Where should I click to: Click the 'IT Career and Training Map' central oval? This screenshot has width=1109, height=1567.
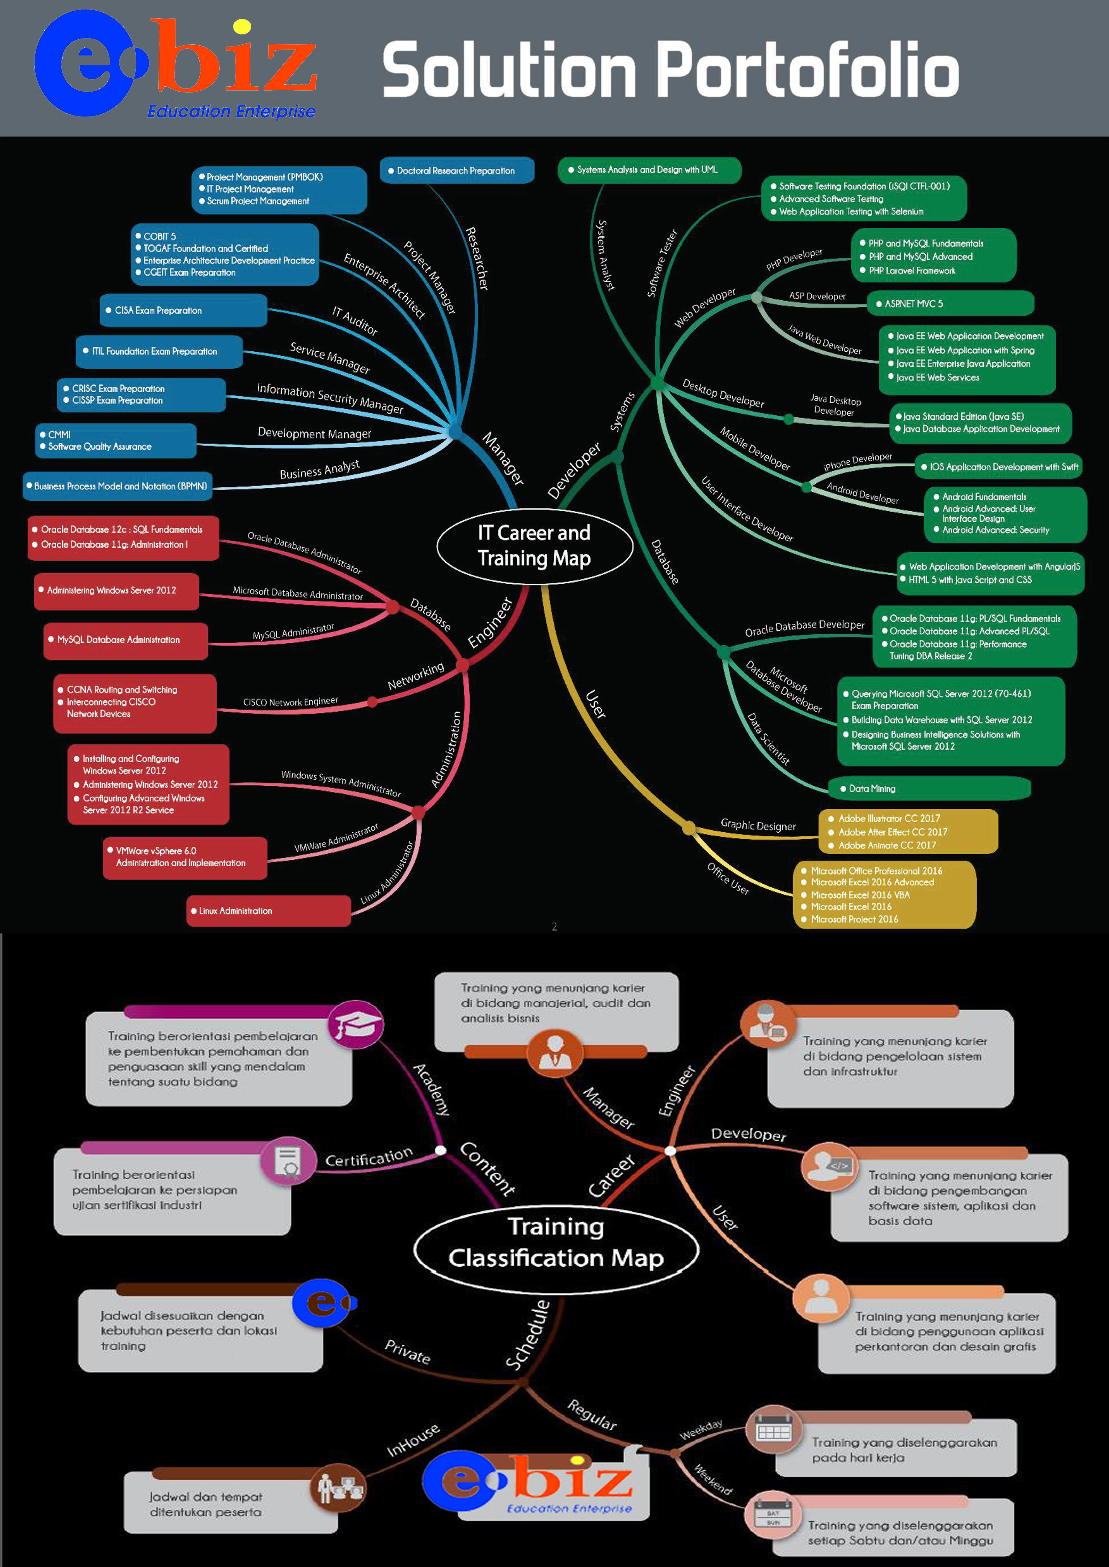coord(534,545)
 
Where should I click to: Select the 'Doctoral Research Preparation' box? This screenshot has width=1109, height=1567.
coord(456,171)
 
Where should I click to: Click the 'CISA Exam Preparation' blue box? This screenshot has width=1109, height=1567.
coord(183,311)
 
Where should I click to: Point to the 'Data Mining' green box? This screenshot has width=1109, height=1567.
coord(929,788)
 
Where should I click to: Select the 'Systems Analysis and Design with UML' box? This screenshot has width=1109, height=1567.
coord(649,170)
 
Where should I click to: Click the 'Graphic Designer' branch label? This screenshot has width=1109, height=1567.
coord(758,825)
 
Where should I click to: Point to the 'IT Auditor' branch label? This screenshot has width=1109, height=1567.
coord(355,321)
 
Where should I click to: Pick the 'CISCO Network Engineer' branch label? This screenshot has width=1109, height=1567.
coord(290,701)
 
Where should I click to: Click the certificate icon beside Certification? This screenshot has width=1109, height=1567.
coord(288,1160)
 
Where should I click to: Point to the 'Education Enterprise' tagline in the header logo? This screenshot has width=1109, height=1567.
coord(232,111)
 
